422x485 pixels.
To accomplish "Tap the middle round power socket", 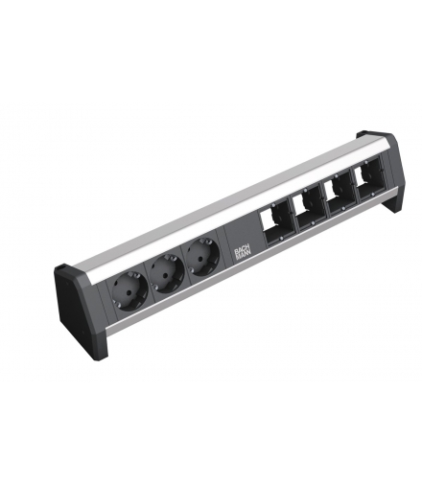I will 168,274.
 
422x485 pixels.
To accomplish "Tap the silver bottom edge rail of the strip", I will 240,278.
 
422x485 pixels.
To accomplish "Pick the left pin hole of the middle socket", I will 161,276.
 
